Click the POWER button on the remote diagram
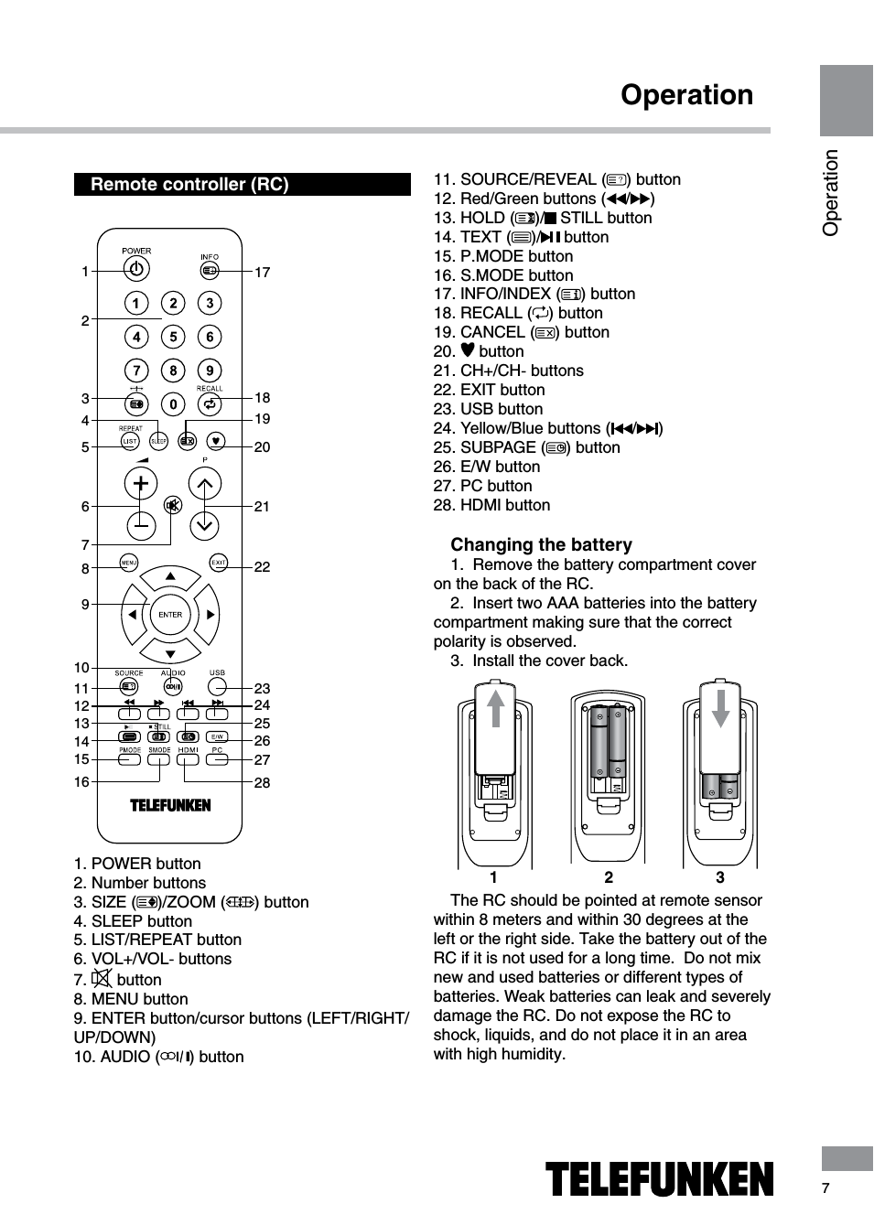pos(136,269)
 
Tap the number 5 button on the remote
pos(173,337)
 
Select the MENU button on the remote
pos(129,563)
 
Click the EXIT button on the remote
pos(219,563)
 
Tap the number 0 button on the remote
pos(173,403)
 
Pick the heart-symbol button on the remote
pos(215,440)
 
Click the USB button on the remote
pos(217,686)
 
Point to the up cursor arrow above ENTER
pos(170,577)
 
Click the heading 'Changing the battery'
pos(541,545)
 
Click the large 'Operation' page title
pos(686,95)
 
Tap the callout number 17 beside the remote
pos(263,272)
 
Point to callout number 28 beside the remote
pos(263,783)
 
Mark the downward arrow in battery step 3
pos(721,707)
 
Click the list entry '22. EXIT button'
pos(489,390)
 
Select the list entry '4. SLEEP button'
pos(133,921)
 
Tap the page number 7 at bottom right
pos(825,1188)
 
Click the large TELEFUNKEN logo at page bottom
pos(659,1179)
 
